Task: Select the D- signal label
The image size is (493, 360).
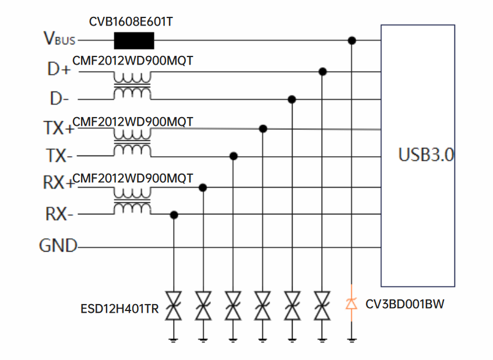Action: coord(59,99)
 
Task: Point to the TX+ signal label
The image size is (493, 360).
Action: coord(58,128)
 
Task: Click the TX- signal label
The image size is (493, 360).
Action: coord(59,156)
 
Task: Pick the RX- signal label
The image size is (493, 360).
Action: coord(59,214)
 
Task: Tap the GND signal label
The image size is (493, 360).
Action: coord(58,246)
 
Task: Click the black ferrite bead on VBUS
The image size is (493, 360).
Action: coord(134,40)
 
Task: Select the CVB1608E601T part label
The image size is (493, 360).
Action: coord(131,22)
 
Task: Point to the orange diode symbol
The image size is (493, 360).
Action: coord(351,303)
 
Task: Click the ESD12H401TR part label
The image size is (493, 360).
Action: coord(119,308)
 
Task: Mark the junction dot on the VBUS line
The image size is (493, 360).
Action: coord(351,40)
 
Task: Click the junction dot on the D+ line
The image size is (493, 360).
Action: coord(322,71)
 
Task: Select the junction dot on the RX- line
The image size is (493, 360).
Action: coord(174,215)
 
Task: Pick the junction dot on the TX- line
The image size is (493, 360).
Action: coord(234,156)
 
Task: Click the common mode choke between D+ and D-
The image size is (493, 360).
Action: coord(132,85)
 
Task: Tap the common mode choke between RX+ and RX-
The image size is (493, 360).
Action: coord(132,201)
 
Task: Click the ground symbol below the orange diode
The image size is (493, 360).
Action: coord(351,338)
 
